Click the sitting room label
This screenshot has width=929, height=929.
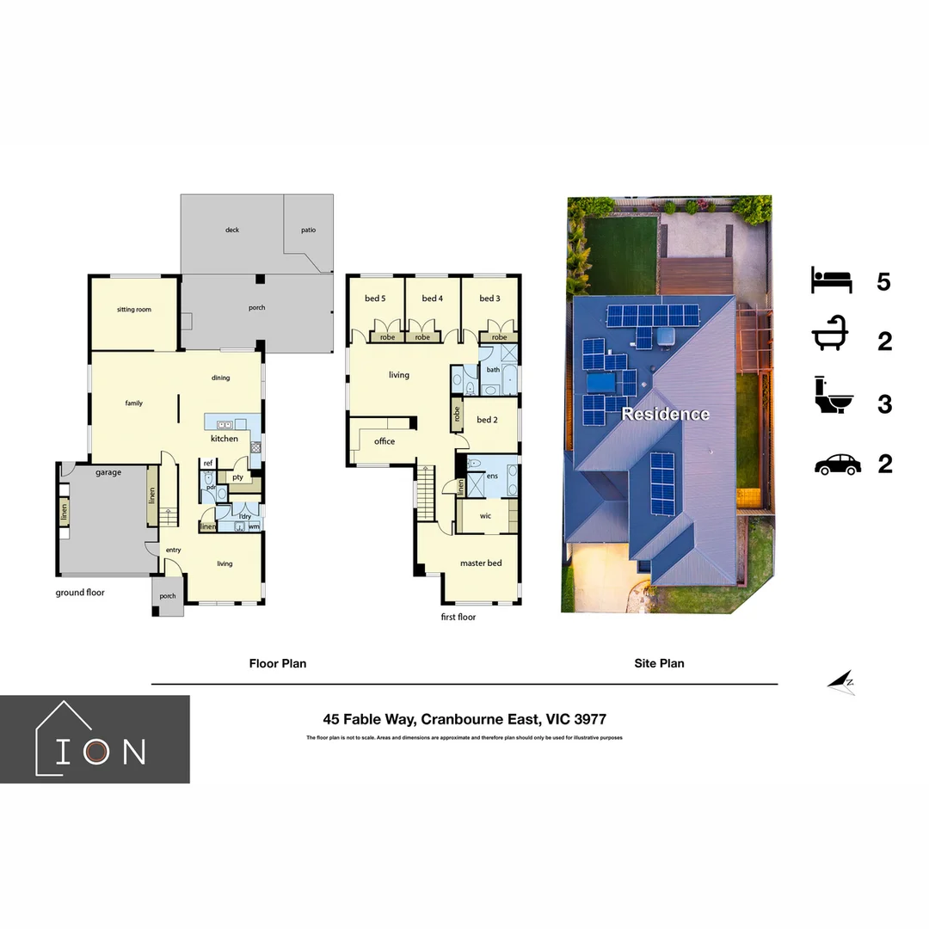click(x=133, y=309)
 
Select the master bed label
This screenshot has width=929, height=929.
click(x=480, y=563)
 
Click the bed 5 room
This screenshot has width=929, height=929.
click(x=375, y=301)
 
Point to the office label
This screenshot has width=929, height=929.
click(x=385, y=441)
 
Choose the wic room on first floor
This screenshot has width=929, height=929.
click(x=485, y=516)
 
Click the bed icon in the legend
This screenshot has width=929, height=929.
click(x=831, y=280)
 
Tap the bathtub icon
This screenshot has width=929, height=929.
click(x=831, y=341)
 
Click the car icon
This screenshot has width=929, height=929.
click(x=837, y=464)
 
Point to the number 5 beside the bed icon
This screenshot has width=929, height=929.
click(x=883, y=281)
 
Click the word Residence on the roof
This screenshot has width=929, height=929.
click(x=665, y=415)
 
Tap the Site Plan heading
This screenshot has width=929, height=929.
click(x=659, y=663)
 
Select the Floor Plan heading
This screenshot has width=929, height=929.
click(x=277, y=663)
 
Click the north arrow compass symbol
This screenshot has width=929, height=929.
click(x=841, y=682)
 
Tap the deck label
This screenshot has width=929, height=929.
click(x=231, y=230)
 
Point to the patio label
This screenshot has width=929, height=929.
click(x=308, y=230)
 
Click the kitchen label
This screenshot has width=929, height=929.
click(x=225, y=439)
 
